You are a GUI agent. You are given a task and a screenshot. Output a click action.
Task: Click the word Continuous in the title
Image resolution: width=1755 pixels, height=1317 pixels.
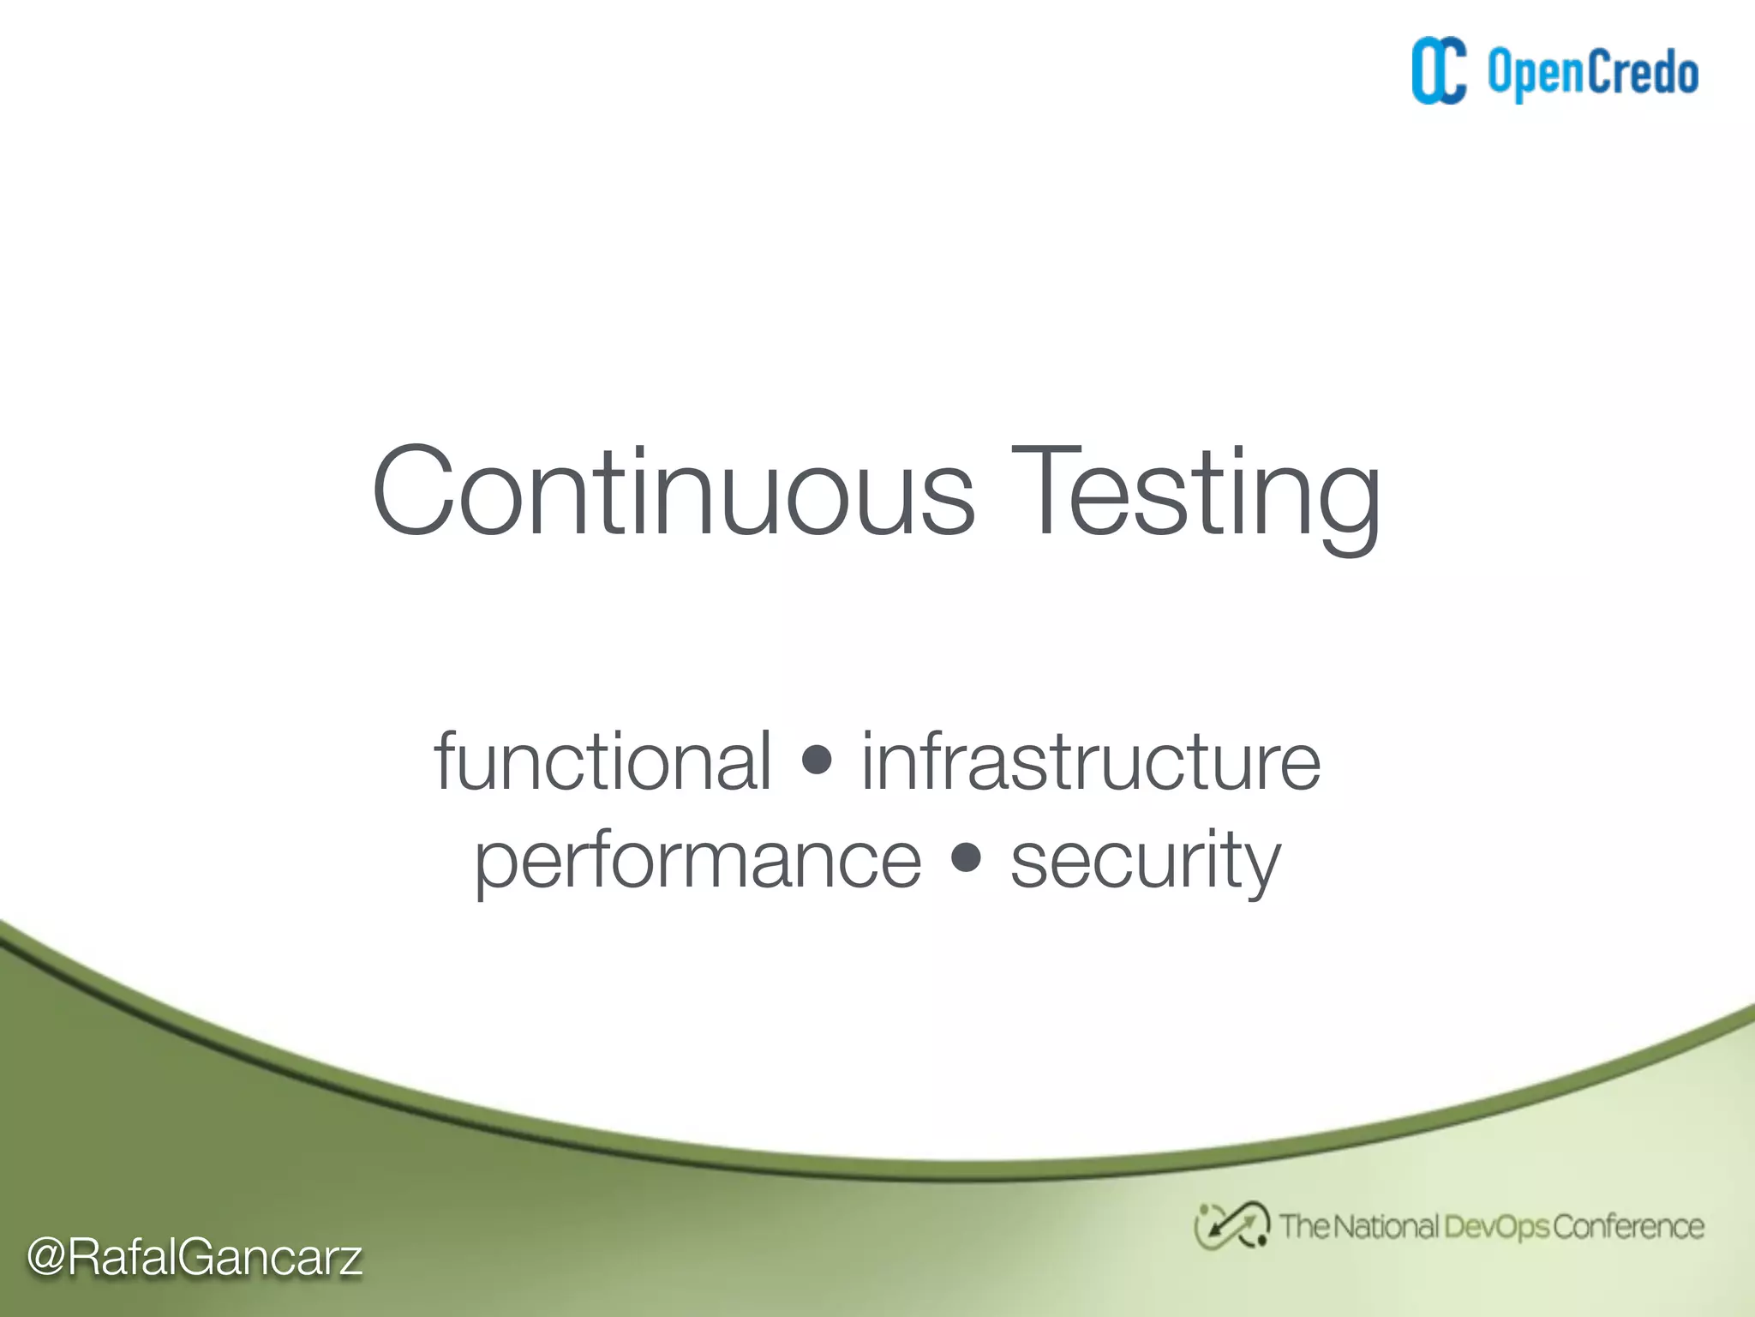pyautogui.click(x=673, y=493)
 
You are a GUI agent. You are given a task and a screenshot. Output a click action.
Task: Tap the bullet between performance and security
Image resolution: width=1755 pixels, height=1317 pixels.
pyautogui.click(x=966, y=857)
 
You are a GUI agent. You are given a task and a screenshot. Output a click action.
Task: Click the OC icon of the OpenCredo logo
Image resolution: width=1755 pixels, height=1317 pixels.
pyautogui.click(x=1439, y=71)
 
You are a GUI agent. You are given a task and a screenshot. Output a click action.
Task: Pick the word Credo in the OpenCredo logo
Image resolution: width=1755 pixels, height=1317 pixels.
pyautogui.click(x=1643, y=72)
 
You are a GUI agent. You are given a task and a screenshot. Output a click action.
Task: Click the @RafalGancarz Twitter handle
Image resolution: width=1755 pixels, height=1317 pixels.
pyautogui.click(x=195, y=1257)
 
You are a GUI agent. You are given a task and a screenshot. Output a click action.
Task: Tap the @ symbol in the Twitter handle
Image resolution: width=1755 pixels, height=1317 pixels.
pyautogui.click(x=46, y=1258)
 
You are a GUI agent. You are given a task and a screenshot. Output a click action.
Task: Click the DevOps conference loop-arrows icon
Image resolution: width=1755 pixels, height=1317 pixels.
pyautogui.click(x=1231, y=1225)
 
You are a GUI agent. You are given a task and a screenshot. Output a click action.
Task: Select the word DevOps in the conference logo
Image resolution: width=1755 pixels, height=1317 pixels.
pyautogui.click(x=1496, y=1227)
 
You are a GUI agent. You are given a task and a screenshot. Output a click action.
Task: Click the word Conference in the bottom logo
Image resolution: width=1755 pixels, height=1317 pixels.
pyautogui.click(x=1627, y=1226)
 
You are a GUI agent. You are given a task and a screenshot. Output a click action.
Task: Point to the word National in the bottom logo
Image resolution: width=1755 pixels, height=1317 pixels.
pyautogui.click(x=1385, y=1226)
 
